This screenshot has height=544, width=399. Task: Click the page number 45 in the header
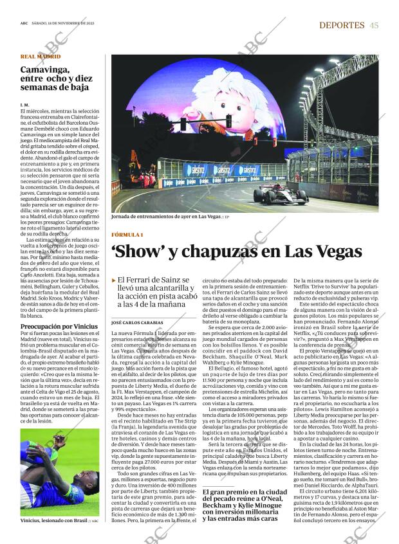pos(374,24)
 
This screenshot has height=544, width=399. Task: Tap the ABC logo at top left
pos(24,25)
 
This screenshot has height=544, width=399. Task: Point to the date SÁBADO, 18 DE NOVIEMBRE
pos(62,25)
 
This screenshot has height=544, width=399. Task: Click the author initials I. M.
pos(24,104)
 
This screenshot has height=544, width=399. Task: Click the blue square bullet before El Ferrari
pos(114,280)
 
